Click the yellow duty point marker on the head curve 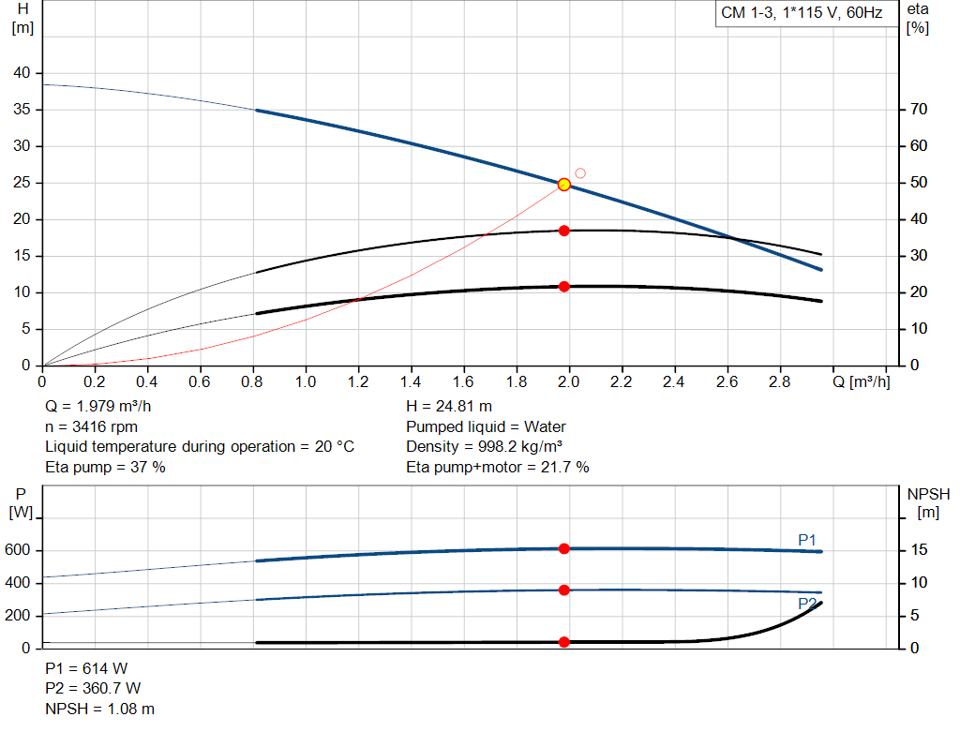tap(563, 185)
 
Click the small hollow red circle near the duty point tap(580, 173)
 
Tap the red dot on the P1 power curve tap(564, 548)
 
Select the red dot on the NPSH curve tap(564, 642)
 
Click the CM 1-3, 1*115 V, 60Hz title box tap(801, 14)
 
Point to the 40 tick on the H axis tap(22, 73)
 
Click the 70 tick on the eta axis tap(919, 110)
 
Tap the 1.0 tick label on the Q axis tap(306, 382)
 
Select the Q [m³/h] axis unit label tap(862, 382)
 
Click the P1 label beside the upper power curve tap(807, 539)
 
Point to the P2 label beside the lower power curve tap(807, 605)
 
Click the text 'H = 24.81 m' tap(449, 407)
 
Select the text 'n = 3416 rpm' tap(91, 426)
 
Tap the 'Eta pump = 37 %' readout tap(105, 467)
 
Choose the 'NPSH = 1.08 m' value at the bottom tap(100, 709)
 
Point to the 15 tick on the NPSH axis tap(919, 550)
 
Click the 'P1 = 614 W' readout tap(86, 669)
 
